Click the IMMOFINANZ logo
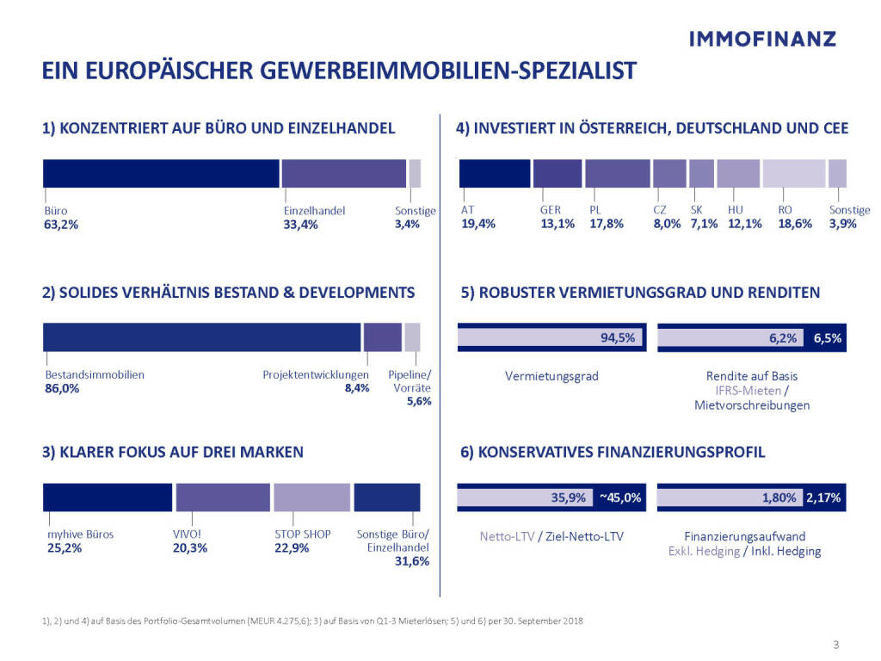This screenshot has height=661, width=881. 762,39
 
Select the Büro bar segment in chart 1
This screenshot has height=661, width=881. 162,173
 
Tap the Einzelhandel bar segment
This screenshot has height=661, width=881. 343,173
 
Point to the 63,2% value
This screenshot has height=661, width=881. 60,225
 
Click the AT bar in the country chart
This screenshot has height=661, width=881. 495,173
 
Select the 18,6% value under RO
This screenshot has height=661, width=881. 794,225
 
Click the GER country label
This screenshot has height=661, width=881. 551,210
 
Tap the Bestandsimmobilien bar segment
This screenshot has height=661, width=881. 201,337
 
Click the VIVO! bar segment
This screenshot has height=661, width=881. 223,497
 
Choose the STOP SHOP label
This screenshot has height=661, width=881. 297,534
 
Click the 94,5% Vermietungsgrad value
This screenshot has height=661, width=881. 618,338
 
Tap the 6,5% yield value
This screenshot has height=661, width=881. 827,338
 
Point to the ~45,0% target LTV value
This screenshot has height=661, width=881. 620,497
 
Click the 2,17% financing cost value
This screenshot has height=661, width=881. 824,497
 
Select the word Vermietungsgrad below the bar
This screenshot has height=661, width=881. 551,376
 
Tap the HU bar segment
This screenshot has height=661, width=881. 738,173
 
